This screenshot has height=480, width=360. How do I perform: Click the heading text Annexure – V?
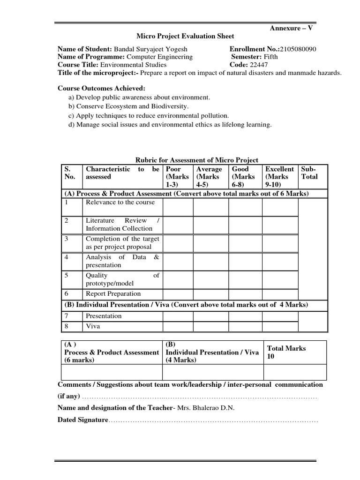(x=291, y=28)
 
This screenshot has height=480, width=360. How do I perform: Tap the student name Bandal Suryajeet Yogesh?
(x=151, y=49)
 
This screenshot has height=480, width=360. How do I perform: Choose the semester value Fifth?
(x=270, y=57)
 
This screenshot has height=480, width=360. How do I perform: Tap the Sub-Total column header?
(x=309, y=172)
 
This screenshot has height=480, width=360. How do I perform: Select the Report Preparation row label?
(x=113, y=294)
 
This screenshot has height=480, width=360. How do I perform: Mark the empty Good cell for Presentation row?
(x=245, y=316)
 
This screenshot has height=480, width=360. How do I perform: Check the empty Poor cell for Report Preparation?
(x=178, y=294)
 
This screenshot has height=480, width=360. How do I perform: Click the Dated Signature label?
(x=83, y=420)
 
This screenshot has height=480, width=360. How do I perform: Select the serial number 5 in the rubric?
(x=67, y=276)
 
